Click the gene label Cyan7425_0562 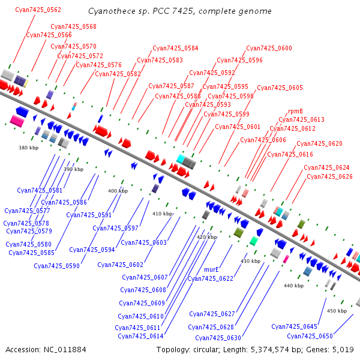coord(38,10)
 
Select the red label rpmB coord(295,112)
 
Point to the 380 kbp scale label coord(28,148)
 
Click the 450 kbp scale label coord(337,311)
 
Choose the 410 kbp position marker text coord(162,214)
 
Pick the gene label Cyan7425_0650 coord(310,336)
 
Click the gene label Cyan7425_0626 coord(329,176)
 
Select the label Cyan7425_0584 coord(175,49)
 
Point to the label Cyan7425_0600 coord(269,49)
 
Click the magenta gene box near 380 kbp coord(16,121)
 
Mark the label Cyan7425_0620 coord(319,144)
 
